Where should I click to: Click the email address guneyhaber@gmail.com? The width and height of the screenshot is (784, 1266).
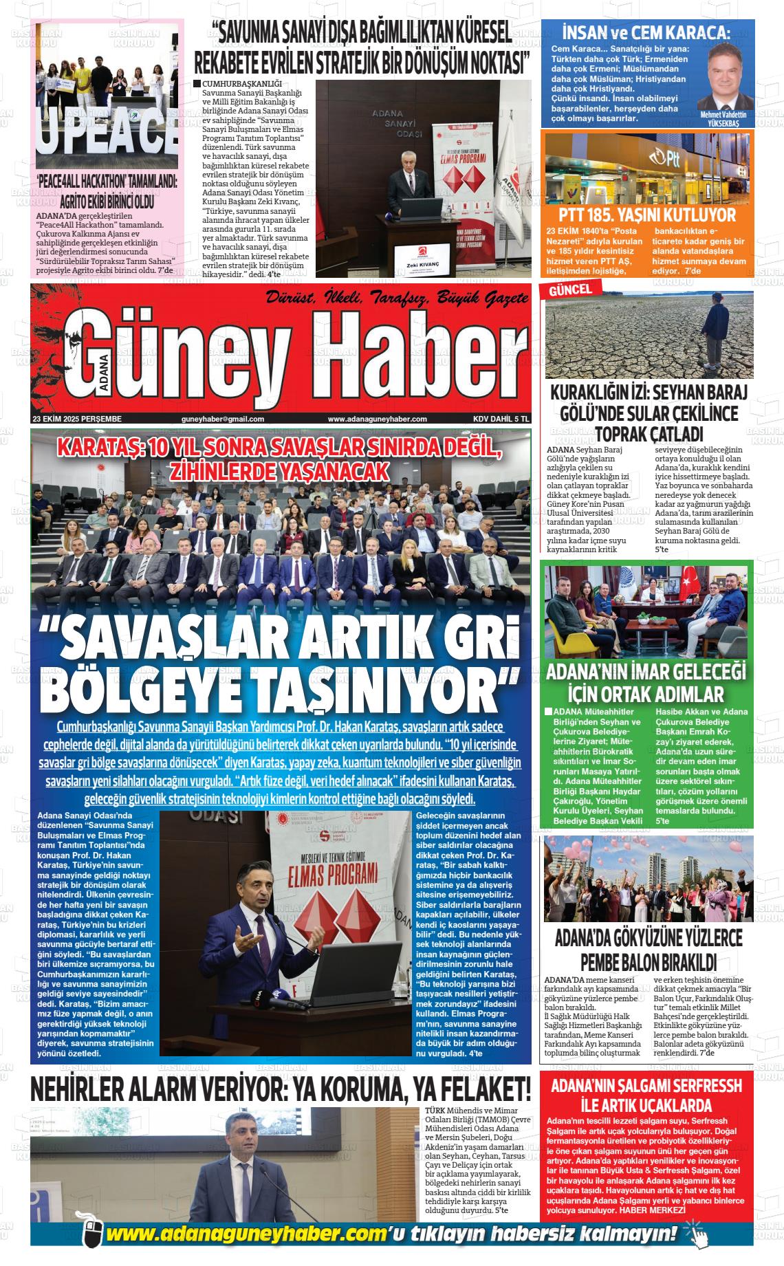coord(223,419)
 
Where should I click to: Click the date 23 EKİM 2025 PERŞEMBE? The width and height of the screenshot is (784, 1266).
coord(77,419)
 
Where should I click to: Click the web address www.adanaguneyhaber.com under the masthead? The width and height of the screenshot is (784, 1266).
coord(377,419)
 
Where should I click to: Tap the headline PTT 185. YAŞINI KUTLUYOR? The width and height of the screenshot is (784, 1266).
coord(647,215)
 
